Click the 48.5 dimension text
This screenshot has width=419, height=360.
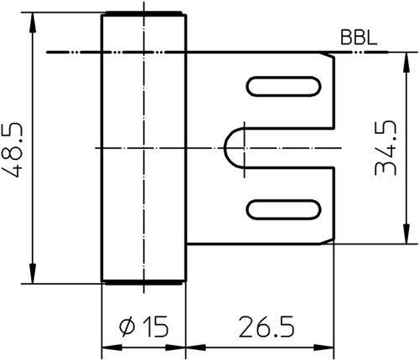click(12, 149)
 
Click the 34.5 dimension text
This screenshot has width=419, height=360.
click(385, 148)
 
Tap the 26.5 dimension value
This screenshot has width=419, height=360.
click(266, 327)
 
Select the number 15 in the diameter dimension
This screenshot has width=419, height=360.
click(156, 327)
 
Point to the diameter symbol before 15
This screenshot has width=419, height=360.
click(127, 327)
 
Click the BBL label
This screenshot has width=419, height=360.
click(359, 38)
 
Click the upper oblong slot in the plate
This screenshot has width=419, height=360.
click(283, 86)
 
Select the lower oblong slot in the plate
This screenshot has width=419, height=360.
click(283, 209)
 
